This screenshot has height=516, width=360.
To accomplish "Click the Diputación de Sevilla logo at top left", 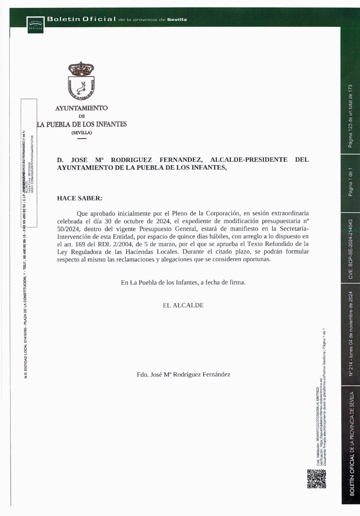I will pos(35,24).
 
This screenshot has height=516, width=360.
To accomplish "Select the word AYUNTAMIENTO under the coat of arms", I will pos(81,108).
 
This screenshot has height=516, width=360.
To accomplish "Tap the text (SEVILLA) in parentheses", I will pos(81,133).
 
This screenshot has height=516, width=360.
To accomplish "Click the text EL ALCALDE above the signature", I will pos(183,305).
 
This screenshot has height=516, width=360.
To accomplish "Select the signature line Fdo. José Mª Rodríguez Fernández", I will pos(183,374).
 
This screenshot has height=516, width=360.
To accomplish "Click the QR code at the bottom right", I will pos(317,479).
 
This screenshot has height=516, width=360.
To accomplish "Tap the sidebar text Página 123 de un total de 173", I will pos(351,115).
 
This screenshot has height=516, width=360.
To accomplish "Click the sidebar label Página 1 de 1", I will pos(351,183).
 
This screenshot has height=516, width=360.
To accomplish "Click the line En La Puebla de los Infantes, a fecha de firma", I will pos(183,282).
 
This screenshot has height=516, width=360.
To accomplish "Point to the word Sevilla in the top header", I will pos(177,20).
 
